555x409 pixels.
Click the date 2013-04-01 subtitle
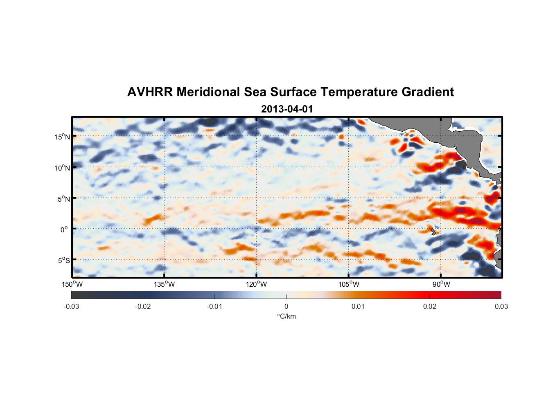[x=287, y=109]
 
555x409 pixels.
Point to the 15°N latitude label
[x=62, y=137]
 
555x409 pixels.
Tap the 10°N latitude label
[x=62, y=168]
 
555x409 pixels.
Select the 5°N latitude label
[x=63, y=199]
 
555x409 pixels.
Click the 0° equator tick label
[x=65, y=230]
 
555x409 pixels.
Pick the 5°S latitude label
[x=63, y=261]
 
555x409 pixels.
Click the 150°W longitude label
[x=72, y=285]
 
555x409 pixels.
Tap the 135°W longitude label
[x=164, y=285]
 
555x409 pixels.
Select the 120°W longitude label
[x=256, y=285]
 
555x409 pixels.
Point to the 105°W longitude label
[x=349, y=285]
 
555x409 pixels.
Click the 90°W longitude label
[x=441, y=285]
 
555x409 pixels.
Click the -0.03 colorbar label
[x=71, y=307]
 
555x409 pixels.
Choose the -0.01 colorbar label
[x=214, y=307]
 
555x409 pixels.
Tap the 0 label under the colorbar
[x=286, y=307]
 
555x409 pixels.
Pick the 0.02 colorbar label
[x=430, y=307]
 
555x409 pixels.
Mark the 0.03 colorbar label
[x=501, y=307]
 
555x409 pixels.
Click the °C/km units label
[x=286, y=316]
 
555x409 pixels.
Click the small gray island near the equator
[x=433, y=231]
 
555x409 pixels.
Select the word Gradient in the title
[x=428, y=92]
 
